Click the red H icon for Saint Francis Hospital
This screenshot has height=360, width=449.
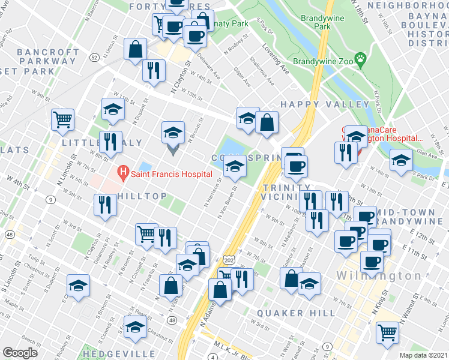(x=124, y=174)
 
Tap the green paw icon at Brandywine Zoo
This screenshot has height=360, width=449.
(x=360, y=59)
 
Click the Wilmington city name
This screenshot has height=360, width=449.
(x=379, y=276)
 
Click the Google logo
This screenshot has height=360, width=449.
(x=20, y=353)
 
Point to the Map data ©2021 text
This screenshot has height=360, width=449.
(x=423, y=355)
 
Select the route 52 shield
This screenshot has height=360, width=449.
(x=94, y=57)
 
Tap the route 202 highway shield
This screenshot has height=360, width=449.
(x=228, y=261)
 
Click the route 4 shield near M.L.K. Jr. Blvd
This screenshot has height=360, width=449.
(x=213, y=358)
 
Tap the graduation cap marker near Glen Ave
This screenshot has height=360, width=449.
(x=401, y=160)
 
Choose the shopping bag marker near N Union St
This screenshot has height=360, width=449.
(x=136, y=49)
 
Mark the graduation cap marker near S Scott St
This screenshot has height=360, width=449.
(x=78, y=286)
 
